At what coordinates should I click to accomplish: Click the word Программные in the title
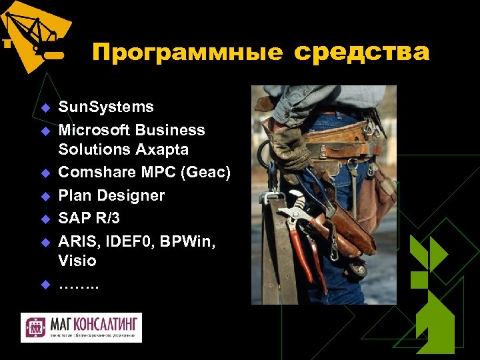pos(187,53)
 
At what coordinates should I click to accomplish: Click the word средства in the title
pos(361,51)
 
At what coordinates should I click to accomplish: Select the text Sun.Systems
pos(106,107)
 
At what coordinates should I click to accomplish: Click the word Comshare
pos(95,173)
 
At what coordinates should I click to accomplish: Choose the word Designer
pos(131,195)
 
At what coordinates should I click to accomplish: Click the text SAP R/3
pos(89,218)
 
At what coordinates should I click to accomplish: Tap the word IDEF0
pos(124,241)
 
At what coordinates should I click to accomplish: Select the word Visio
pos(77,261)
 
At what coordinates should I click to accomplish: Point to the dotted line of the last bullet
pos(78,285)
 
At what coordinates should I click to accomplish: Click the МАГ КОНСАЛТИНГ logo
pos(81,327)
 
